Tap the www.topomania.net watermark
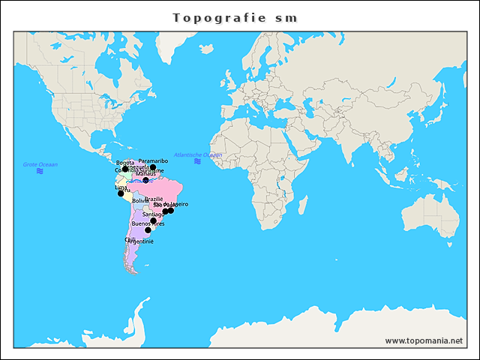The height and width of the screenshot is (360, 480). pyautogui.click(x=424, y=340)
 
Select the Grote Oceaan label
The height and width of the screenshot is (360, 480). pyautogui.click(x=40, y=164)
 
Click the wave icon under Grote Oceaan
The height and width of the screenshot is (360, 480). pyautogui.click(x=40, y=172)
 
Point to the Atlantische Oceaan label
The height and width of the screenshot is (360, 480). pyautogui.click(x=197, y=154)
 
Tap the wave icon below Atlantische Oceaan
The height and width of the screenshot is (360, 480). pyautogui.click(x=197, y=161)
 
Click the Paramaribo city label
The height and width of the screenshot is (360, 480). pyautogui.click(x=154, y=160)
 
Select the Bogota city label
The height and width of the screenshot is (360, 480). pyautogui.click(x=125, y=163)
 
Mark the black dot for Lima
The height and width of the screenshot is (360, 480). pyautogui.click(x=121, y=193)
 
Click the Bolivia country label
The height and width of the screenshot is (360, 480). pyautogui.click(x=140, y=201)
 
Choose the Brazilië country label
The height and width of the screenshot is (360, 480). pyautogui.click(x=154, y=199)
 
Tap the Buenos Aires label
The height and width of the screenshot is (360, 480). pyautogui.click(x=147, y=223)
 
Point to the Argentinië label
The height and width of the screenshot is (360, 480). pyautogui.click(x=140, y=241)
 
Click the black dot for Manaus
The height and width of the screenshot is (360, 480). pyautogui.click(x=145, y=180)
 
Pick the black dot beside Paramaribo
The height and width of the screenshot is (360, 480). pyautogui.click(x=153, y=167)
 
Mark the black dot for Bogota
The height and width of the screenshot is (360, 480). pyautogui.click(x=125, y=169)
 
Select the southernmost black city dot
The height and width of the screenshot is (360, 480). pyautogui.click(x=148, y=230)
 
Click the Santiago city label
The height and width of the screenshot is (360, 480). pyautogui.click(x=153, y=214)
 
